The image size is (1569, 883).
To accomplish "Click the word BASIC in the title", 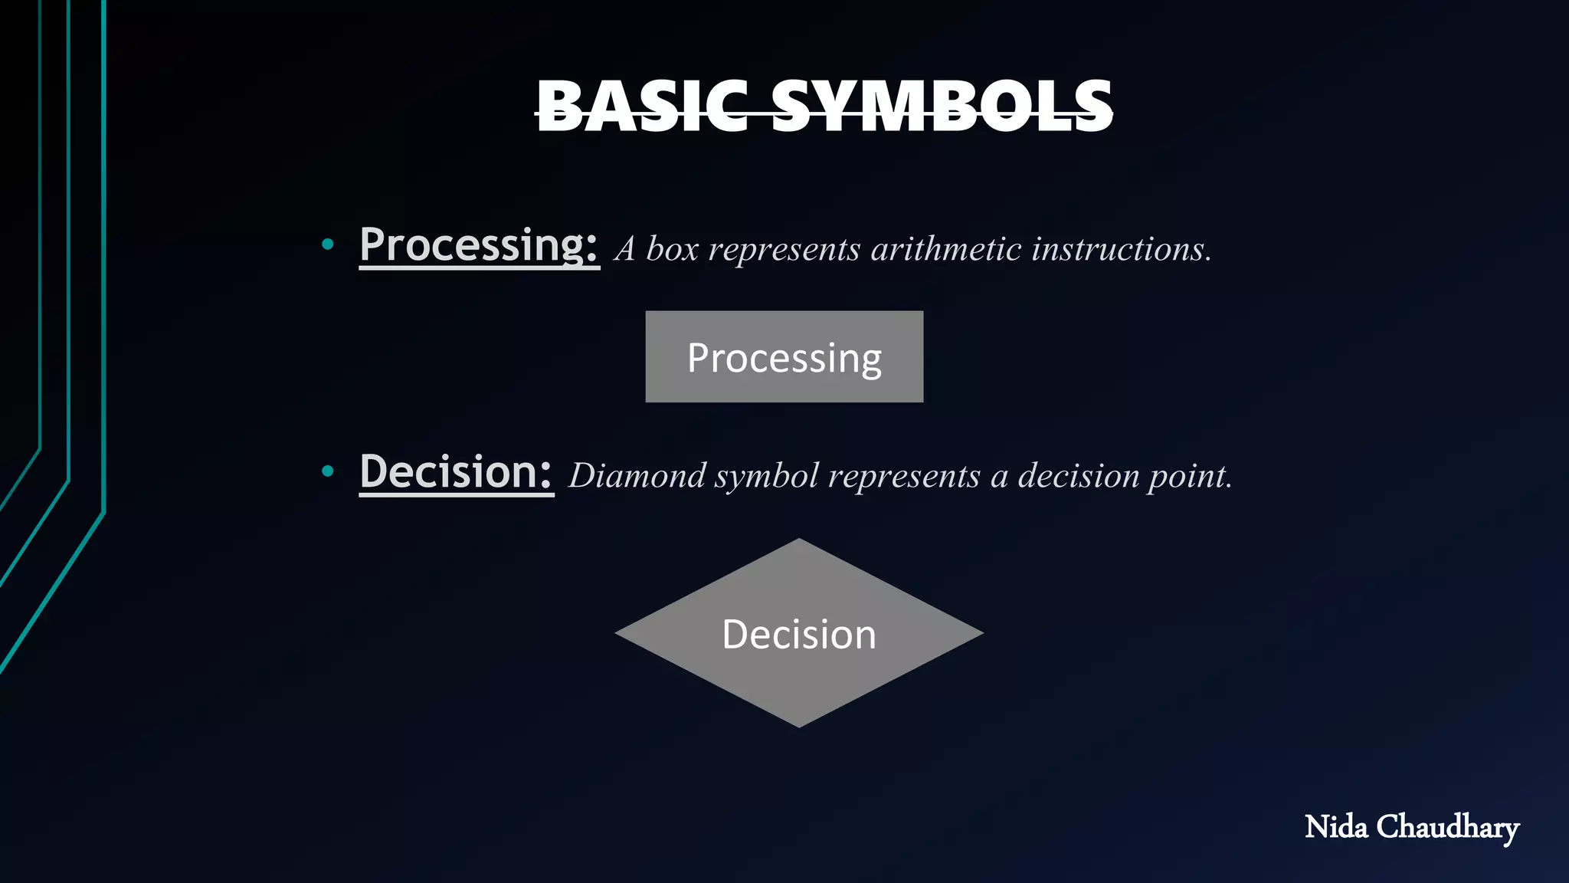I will coord(642,107).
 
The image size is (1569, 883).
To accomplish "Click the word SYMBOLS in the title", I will coord(942,107).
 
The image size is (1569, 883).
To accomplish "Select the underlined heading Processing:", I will coord(478,245).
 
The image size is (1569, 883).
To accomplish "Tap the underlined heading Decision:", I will coord(456,472).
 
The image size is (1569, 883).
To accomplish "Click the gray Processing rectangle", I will coord(784,357).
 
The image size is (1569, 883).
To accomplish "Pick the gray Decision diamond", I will coord(799,667).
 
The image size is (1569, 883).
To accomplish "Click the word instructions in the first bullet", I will coord(1121,249).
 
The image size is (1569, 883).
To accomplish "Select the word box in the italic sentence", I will coord(672,249).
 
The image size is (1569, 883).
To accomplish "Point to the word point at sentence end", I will coord(1189,477).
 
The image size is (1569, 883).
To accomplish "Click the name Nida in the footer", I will coord(1335,827).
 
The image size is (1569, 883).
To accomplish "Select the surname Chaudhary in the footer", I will coord(1447,828).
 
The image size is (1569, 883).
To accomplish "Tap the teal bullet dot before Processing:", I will coord(328,245).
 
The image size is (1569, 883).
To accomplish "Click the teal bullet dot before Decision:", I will coord(328,471).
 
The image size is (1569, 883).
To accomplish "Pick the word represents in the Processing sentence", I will coord(784,250).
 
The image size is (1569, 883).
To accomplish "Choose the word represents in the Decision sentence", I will coord(904,477).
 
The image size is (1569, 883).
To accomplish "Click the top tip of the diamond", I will coord(799,541).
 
